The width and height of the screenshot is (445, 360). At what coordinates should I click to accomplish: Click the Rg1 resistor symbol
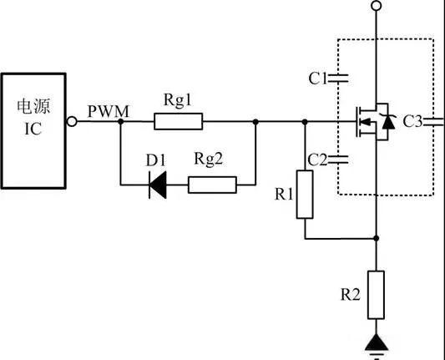pos(178,121)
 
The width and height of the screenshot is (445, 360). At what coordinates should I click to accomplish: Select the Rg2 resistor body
pos(212,185)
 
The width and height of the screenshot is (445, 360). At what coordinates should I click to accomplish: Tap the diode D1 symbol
pos(158,185)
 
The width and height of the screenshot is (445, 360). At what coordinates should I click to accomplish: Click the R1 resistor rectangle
pos(305,195)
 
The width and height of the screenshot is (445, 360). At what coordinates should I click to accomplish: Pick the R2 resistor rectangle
pos(377,295)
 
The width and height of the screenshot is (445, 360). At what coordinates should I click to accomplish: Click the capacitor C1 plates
pos(338,79)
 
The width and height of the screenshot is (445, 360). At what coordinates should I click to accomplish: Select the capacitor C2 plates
pos(338,160)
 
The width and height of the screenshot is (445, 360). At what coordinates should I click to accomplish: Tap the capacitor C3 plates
pos(433,121)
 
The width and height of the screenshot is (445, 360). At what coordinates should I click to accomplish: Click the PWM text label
pos(109,111)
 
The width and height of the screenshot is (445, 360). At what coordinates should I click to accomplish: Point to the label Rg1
pos(178,100)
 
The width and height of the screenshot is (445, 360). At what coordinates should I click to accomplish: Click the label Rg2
pos(209,159)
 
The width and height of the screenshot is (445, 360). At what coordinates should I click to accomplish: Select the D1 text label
pos(155,160)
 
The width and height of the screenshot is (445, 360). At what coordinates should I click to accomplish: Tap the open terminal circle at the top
pos(377,6)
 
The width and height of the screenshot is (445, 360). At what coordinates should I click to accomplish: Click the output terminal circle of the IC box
pos(72,121)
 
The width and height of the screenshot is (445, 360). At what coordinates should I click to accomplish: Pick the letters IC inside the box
pos(33,129)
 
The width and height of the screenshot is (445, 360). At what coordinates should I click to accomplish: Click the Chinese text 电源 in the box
pos(33,106)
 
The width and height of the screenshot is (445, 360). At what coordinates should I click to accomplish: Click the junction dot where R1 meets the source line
pos(377,238)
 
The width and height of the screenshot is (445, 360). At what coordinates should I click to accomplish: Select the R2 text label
pos(350,294)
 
